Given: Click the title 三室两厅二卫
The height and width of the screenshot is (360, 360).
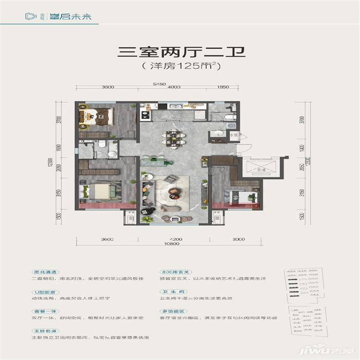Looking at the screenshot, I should pyautogui.click(x=180, y=52).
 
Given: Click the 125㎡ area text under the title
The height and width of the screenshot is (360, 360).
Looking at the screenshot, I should pyautogui.click(x=180, y=66).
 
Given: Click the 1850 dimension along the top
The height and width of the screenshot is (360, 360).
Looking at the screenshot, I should pyautogui.click(x=223, y=88).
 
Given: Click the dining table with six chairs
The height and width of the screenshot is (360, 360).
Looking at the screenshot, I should pyautogui.click(x=171, y=138).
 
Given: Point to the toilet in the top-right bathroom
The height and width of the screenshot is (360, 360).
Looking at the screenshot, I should pyautogui.click(x=230, y=117).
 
